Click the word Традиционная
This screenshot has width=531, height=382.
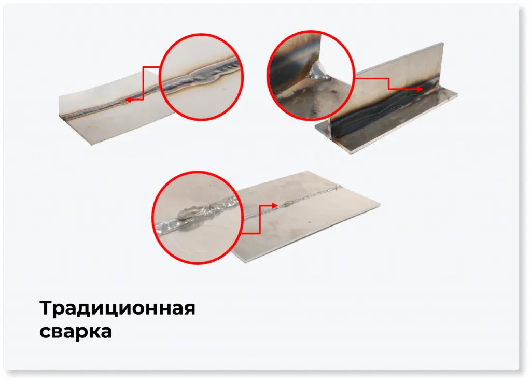tap(117, 309)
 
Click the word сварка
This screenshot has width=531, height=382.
tap(75, 331)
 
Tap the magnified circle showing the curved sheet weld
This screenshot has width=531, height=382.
tap(201, 77)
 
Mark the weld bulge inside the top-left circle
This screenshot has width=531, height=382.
tap(203, 78)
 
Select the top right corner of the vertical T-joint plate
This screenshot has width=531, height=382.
tap(442, 44)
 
